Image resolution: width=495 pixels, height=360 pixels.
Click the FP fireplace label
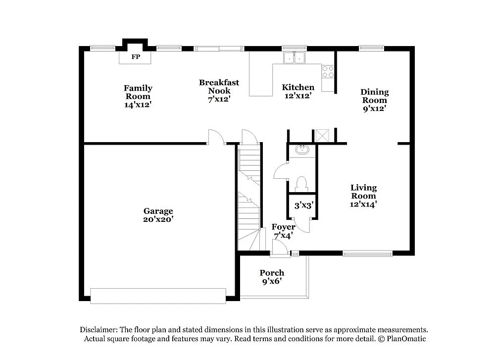coord(135,57)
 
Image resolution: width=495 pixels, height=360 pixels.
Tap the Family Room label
coord(138,96)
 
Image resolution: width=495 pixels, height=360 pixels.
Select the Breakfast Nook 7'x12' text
coord(219,91)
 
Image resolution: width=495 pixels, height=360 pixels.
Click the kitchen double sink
coord(295,58)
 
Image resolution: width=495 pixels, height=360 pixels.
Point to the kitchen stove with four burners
coord(328,71)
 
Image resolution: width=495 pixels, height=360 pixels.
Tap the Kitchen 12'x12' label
coord(297,92)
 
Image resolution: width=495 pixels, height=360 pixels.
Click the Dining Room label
coord(374,100)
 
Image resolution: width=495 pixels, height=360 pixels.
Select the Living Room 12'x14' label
coord(363,196)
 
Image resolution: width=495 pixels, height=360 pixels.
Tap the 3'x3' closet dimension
coord(304,205)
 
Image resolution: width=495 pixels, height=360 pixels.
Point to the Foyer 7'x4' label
coord(284,231)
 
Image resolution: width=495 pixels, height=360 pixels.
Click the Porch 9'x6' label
coord(272,277)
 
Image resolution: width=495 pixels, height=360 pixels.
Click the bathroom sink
coord(302,150)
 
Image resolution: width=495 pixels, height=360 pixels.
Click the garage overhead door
coord(158,296)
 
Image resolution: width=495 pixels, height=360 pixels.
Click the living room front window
coord(367,254)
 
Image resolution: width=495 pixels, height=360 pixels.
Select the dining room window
coord(371,49)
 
